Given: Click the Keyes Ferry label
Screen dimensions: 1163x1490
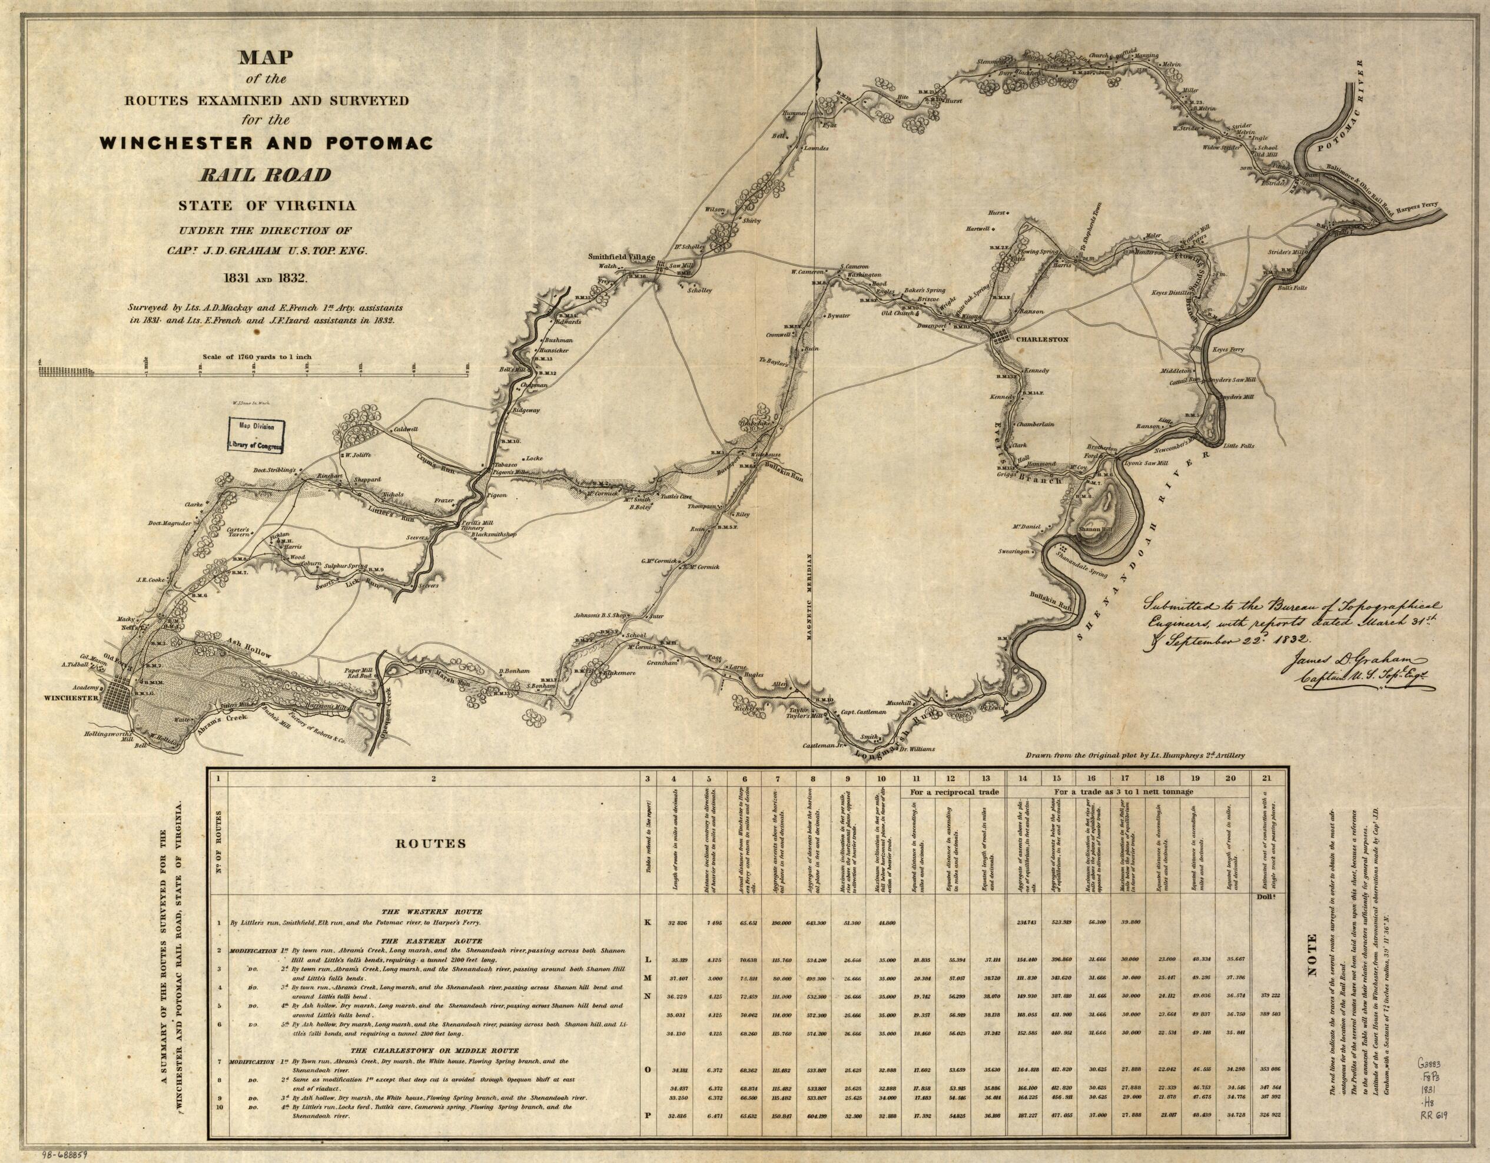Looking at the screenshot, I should (x=1228, y=349).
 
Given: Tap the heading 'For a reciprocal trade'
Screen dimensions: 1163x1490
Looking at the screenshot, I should (x=953, y=791).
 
